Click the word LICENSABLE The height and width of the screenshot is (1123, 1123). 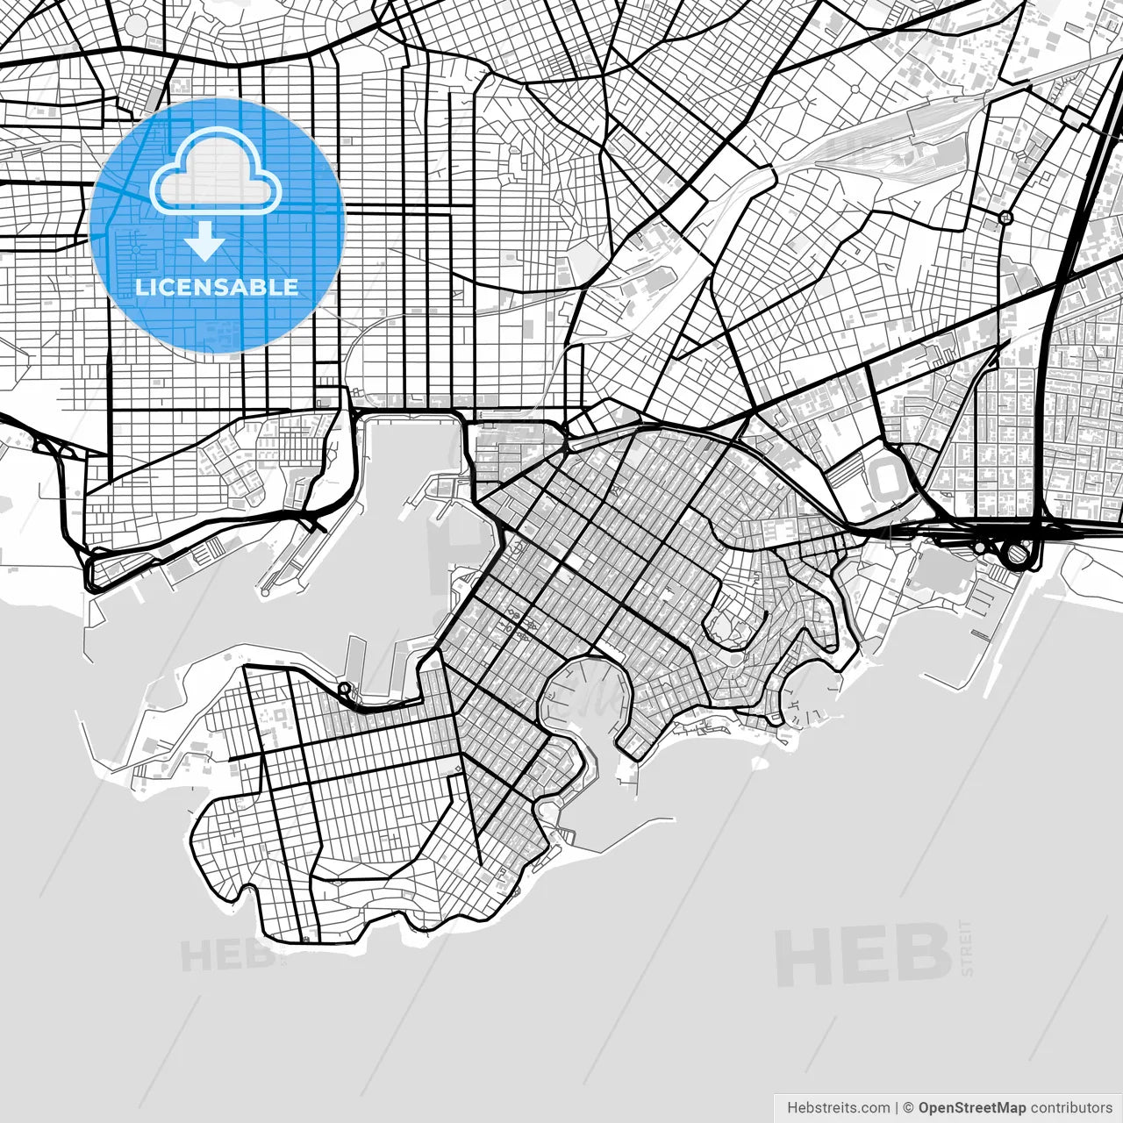[x=217, y=287]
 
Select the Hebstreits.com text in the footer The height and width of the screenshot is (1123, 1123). [x=839, y=1107]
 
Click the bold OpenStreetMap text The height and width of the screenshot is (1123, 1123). [x=971, y=1107]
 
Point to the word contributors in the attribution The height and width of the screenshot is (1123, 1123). [x=1071, y=1107]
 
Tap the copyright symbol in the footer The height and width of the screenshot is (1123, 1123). [x=909, y=1107]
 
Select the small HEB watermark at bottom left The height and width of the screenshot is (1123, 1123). [x=226, y=955]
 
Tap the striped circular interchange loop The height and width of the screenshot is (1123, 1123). [x=1016, y=554]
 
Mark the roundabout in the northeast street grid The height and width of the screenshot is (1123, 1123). [x=1005, y=217]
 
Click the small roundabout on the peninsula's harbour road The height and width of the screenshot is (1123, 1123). [x=344, y=689]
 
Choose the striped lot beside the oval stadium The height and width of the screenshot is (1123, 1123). [x=846, y=474]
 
